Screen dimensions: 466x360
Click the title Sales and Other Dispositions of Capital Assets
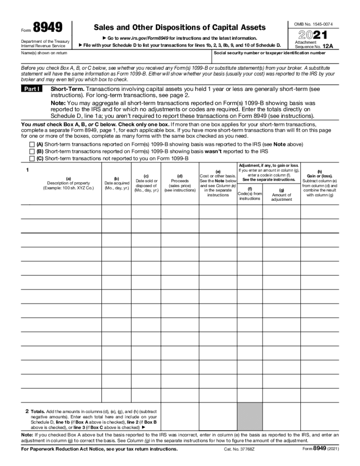(180, 27)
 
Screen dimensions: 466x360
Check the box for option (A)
(32, 145)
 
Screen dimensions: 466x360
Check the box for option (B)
(32, 152)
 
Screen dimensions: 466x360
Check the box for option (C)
(32, 158)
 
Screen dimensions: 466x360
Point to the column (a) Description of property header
(68, 183)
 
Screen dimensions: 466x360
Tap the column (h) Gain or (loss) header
(319, 183)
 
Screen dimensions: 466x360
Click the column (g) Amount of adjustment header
(281, 195)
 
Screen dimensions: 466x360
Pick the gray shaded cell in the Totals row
(250, 416)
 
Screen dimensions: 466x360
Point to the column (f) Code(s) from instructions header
(250, 194)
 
